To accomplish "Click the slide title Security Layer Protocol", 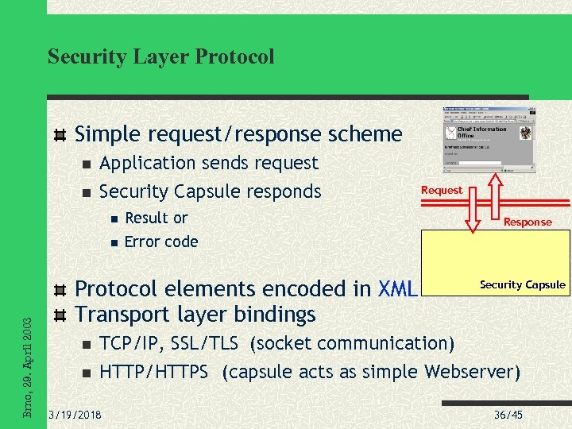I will (x=160, y=56).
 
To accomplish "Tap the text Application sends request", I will (x=208, y=163).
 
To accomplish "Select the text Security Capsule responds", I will (x=210, y=191).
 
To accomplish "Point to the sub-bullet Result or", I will (x=157, y=218).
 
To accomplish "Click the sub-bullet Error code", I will (x=161, y=242).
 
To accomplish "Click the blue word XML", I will (x=398, y=289).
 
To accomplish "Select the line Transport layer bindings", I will (x=195, y=315).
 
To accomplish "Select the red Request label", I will (x=441, y=190).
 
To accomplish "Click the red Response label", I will (x=528, y=222).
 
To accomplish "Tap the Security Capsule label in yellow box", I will (x=522, y=284).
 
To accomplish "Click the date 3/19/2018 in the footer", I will (x=75, y=414).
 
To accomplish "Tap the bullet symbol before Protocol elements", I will (x=60, y=290).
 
